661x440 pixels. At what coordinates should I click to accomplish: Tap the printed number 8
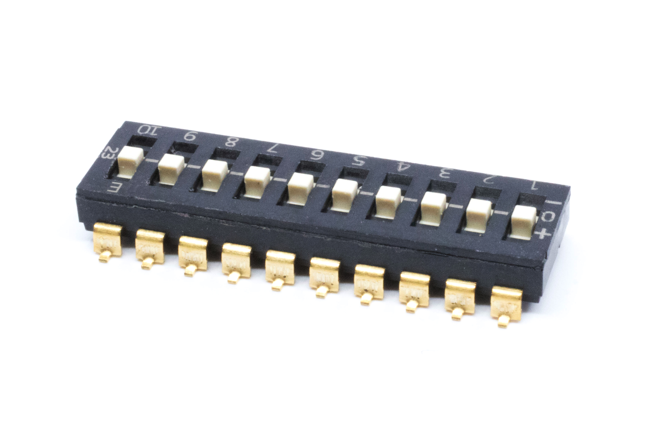click(231, 143)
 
